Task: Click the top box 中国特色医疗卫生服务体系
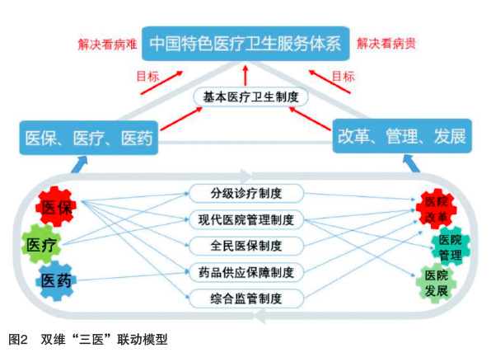(245, 43)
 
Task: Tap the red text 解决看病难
(107, 44)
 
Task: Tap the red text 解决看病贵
(386, 43)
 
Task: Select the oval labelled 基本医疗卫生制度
(250, 97)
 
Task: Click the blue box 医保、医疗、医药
(89, 138)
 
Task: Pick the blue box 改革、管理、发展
(402, 136)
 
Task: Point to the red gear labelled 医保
(56, 207)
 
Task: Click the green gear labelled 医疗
(41, 244)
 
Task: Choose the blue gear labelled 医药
(56, 280)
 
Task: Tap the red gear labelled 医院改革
(436, 209)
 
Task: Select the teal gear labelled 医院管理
(451, 247)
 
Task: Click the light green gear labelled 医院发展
(436, 283)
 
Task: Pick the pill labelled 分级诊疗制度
(246, 194)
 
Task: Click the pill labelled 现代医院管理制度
(246, 219)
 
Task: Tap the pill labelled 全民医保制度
(246, 246)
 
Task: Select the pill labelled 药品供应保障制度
(246, 272)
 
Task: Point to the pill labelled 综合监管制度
(246, 299)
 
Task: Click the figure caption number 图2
(18, 340)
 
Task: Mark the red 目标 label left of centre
(147, 76)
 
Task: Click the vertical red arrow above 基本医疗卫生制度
(245, 76)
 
